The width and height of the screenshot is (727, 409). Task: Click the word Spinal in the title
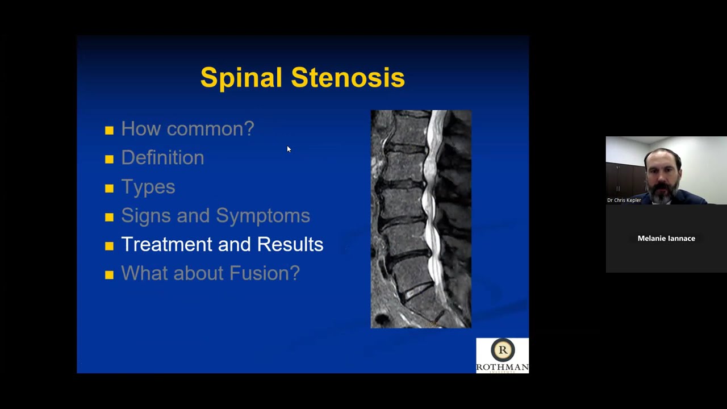(241, 78)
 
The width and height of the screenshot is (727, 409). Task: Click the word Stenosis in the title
(348, 78)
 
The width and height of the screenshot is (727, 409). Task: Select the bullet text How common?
(187, 129)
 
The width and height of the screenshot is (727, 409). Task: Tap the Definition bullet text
(162, 158)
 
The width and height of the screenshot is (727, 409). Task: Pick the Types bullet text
(148, 187)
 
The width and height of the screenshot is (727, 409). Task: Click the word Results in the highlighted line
(290, 244)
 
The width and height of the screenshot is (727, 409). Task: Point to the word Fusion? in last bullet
(264, 273)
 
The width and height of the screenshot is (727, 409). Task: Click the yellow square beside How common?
(109, 131)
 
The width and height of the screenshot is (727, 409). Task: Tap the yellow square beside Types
(109, 189)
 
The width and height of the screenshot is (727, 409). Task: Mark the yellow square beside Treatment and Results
(109, 246)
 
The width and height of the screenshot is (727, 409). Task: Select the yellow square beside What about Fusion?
(109, 275)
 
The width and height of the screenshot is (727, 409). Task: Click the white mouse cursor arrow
(289, 149)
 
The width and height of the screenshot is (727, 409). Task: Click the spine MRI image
(421, 219)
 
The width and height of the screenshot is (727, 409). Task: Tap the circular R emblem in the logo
(503, 350)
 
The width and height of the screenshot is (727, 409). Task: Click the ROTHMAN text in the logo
(502, 367)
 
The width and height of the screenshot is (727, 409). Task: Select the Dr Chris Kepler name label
(624, 200)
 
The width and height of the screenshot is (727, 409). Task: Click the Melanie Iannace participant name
(666, 239)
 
